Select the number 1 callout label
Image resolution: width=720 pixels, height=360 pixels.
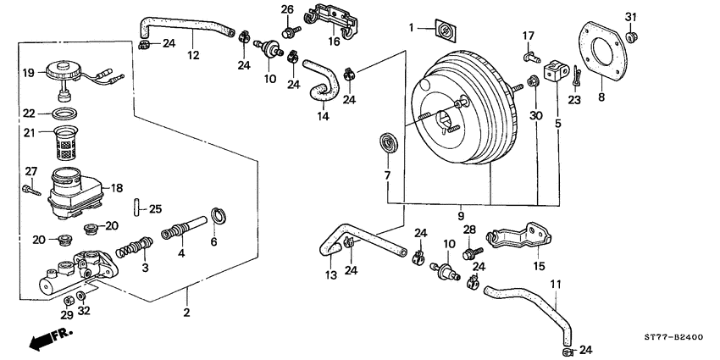tap(412, 29)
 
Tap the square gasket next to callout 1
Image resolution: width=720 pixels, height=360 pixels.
tap(442, 31)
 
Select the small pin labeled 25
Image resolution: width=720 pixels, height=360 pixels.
tap(135, 208)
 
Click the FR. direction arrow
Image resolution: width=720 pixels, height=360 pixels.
tap(47, 341)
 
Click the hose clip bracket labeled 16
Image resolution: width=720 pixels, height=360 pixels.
tap(335, 25)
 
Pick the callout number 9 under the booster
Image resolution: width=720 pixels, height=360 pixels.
tap(462, 217)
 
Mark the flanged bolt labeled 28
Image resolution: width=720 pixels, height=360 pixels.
tap(471, 251)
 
